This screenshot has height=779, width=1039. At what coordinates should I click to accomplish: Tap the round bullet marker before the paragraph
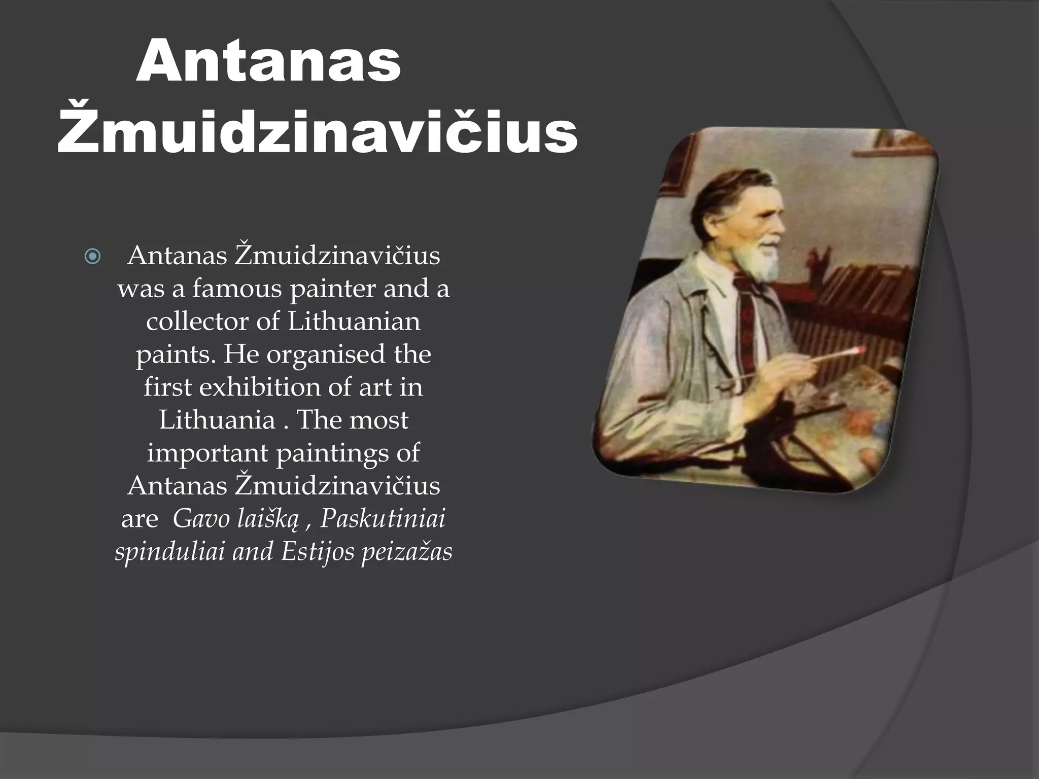point(93,257)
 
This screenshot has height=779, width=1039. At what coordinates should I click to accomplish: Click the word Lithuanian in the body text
point(354,322)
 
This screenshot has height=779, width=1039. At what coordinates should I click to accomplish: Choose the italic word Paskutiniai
point(383,519)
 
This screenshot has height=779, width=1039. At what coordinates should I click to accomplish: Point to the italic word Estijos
point(317,552)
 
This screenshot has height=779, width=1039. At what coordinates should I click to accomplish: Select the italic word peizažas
point(406,552)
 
